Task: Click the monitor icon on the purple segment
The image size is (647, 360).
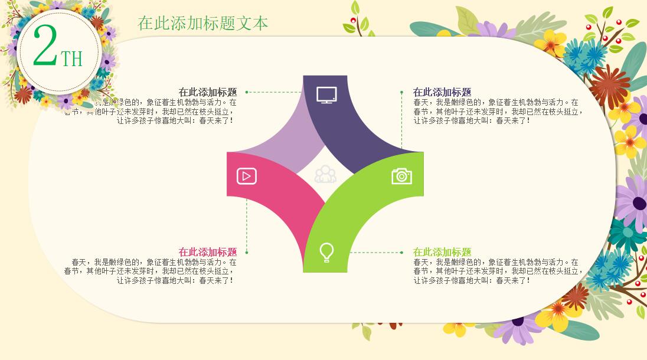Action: (x=326, y=94)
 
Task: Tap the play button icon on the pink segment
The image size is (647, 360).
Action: (x=247, y=176)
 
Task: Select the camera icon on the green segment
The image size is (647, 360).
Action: (x=401, y=176)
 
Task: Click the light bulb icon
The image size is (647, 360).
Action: (x=326, y=252)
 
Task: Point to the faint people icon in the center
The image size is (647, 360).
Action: (x=325, y=175)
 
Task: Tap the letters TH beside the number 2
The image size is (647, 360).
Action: (x=72, y=58)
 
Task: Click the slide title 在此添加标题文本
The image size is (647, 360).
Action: (x=203, y=24)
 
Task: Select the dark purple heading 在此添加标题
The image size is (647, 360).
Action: (x=442, y=92)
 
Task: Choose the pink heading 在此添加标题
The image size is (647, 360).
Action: (x=208, y=252)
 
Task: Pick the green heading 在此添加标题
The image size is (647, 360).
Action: (x=442, y=252)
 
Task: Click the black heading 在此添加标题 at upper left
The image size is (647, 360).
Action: (x=208, y=92)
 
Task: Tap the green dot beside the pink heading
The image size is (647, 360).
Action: (x=247, y=252)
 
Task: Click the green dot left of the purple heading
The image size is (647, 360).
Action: (x=402, y=92)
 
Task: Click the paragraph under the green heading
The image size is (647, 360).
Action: (x=496, y=271)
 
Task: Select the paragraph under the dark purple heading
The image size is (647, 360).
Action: (x=496, y=111)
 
